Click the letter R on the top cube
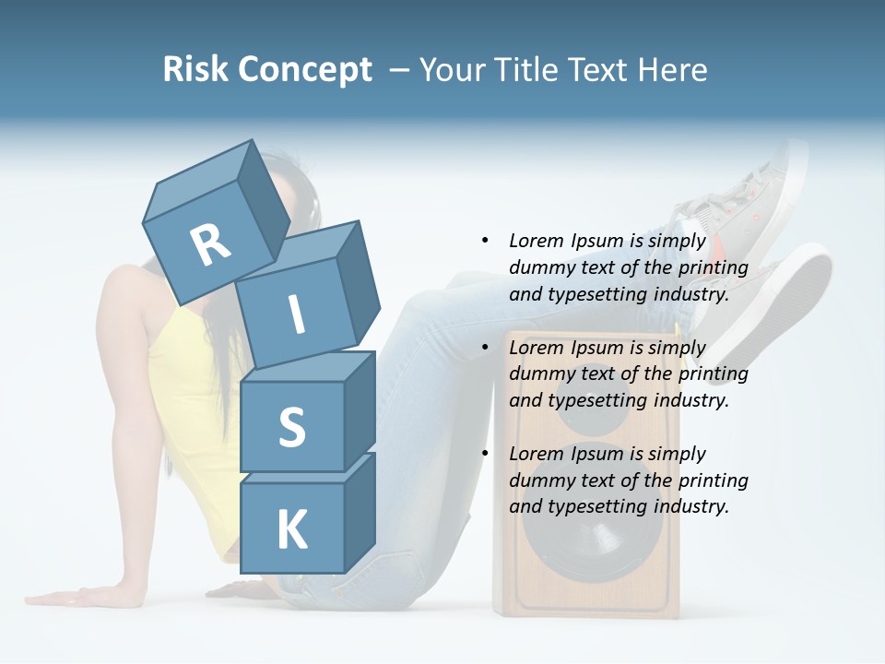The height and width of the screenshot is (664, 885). (210, 244)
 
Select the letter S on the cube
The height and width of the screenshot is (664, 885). (291, 427)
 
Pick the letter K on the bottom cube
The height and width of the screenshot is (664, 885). (291, 530)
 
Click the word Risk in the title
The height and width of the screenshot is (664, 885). (196, 69)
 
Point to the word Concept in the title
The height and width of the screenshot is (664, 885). (305, 71)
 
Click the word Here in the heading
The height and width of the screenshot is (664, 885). (674, 69)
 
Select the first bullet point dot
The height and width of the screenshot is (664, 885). (485, 241)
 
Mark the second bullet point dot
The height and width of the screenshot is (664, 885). (485, 348)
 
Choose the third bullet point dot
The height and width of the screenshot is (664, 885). (485, 454)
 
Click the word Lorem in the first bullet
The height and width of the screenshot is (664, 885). (537, 241)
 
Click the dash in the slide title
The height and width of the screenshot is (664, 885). (399, 70)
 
